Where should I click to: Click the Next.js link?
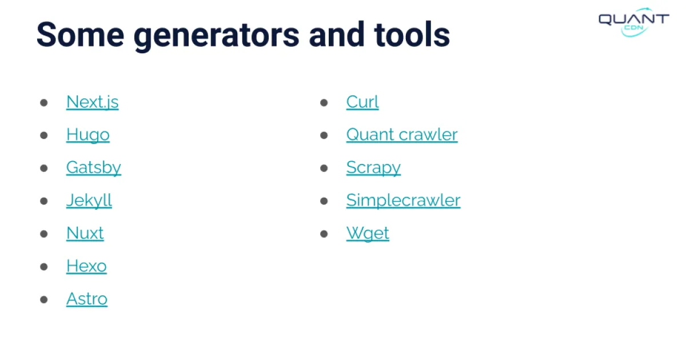pyautogui.click(x=92, y=102)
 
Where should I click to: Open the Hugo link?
pyautogui.click(x=87, y=135)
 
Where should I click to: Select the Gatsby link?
pyautogui.click(x=93, y=167)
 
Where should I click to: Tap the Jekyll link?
pyautogui.click(x=89, y=201)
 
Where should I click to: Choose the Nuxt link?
pyautogui.click(x=85, y=233)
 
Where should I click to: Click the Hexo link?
pyautogui.click(x=86, y=266)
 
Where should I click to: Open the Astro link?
pyautogui.click(x=86, y=299)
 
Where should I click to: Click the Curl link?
pyautogui.click(x=362, y=102)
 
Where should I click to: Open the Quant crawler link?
pyautogui.click(x=401, y=135)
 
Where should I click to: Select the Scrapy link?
pyautogui.click(x=373, y=167)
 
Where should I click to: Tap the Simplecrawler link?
pyautogui.click(x=403, y=201)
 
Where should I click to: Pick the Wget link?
pyautogui.click(x=368, y=233)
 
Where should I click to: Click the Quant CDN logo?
pyautogui.click(x=633, y=22)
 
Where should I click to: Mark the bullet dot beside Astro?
pyautogui.click(x=44, y=299)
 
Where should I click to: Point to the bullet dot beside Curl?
pyautogui.click(x=324, y=103)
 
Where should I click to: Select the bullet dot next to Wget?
pyautogui.click(x=324, y=234)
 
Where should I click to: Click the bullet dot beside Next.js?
pyautogui.click(x=44, y=103)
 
